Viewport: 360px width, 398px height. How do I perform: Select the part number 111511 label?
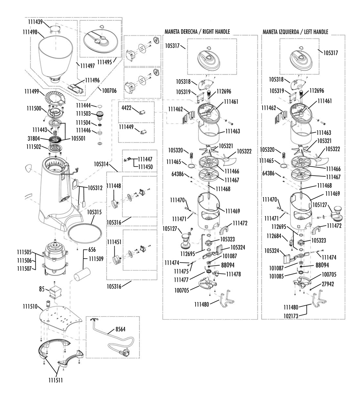coord(55,380)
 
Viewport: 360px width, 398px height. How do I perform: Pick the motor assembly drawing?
coord(54,257)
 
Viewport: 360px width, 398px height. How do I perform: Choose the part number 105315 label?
coord(96,211)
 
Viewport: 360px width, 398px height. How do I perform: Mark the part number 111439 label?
coord(33,22)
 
